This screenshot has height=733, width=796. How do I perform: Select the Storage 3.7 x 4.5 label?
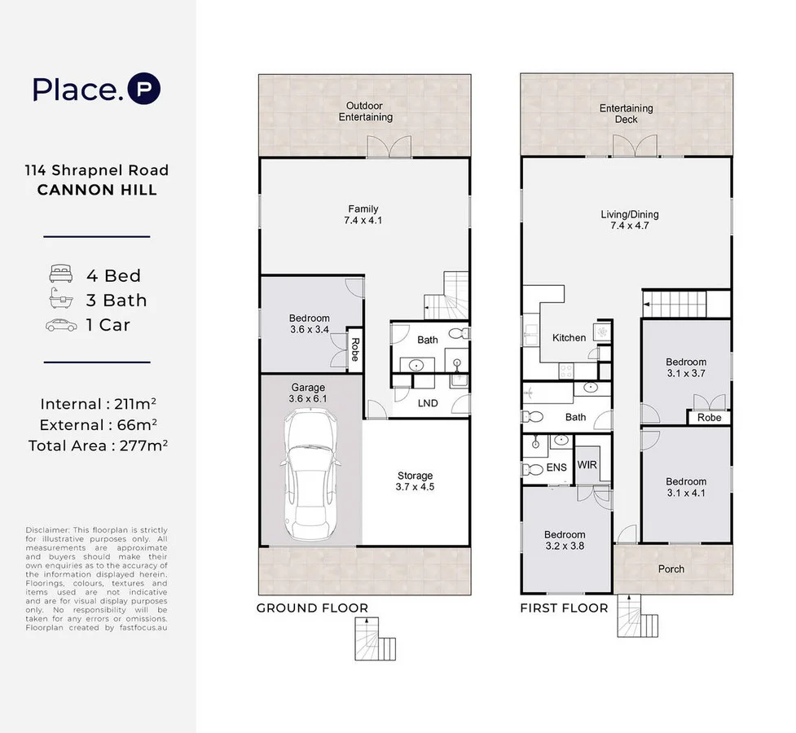coord(416,482)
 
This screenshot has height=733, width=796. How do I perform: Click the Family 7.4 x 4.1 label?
coord(363,215)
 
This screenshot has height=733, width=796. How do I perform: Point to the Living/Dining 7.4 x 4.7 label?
coord(630,221)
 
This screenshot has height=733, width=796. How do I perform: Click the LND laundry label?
coord(428,403)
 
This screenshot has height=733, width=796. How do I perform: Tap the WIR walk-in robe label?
coord(587,465)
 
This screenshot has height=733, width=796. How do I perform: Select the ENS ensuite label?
coord(556,468)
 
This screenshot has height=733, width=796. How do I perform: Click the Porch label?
coord(671,569)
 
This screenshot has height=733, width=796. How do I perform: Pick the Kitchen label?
coord(569,338)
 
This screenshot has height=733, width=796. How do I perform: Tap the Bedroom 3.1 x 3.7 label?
coord(686,368)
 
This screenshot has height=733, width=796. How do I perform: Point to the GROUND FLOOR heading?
coord(312,608)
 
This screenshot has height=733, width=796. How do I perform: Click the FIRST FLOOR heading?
coord(564,608)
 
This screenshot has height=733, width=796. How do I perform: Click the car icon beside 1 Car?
coord(61,325)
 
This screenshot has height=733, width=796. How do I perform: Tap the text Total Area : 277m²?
coord(98,446)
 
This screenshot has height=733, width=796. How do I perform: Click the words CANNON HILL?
coord(97,191)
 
